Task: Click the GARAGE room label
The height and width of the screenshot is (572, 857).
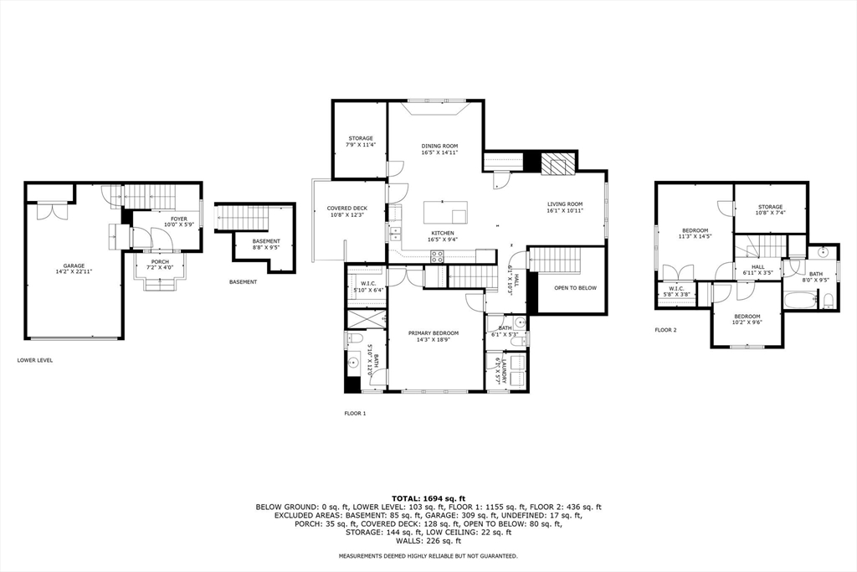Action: click(74, 265)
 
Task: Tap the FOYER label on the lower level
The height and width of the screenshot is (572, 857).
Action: click(179, 219)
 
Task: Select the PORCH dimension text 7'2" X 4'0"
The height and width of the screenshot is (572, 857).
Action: click(160, 268)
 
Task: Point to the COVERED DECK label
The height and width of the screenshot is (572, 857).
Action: click(347, 209)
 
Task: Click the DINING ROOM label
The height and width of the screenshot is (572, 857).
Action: click(439, 146)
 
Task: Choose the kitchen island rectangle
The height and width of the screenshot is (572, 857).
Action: click(445, 212)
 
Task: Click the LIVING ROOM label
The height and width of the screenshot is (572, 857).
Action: click(565, 204)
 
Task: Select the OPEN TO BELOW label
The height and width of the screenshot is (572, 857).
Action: click(576, 287)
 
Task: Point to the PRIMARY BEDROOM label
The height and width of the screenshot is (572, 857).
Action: click(434, 333)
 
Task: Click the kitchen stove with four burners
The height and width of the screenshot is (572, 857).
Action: click(437, 256)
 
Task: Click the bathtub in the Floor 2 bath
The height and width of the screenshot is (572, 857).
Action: click(799, 300)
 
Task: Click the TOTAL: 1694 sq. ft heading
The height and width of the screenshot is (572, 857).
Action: click(428, 498)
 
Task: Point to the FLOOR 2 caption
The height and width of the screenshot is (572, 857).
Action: click(665, 330)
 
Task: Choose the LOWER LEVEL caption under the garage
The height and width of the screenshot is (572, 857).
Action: click(35, 360)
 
